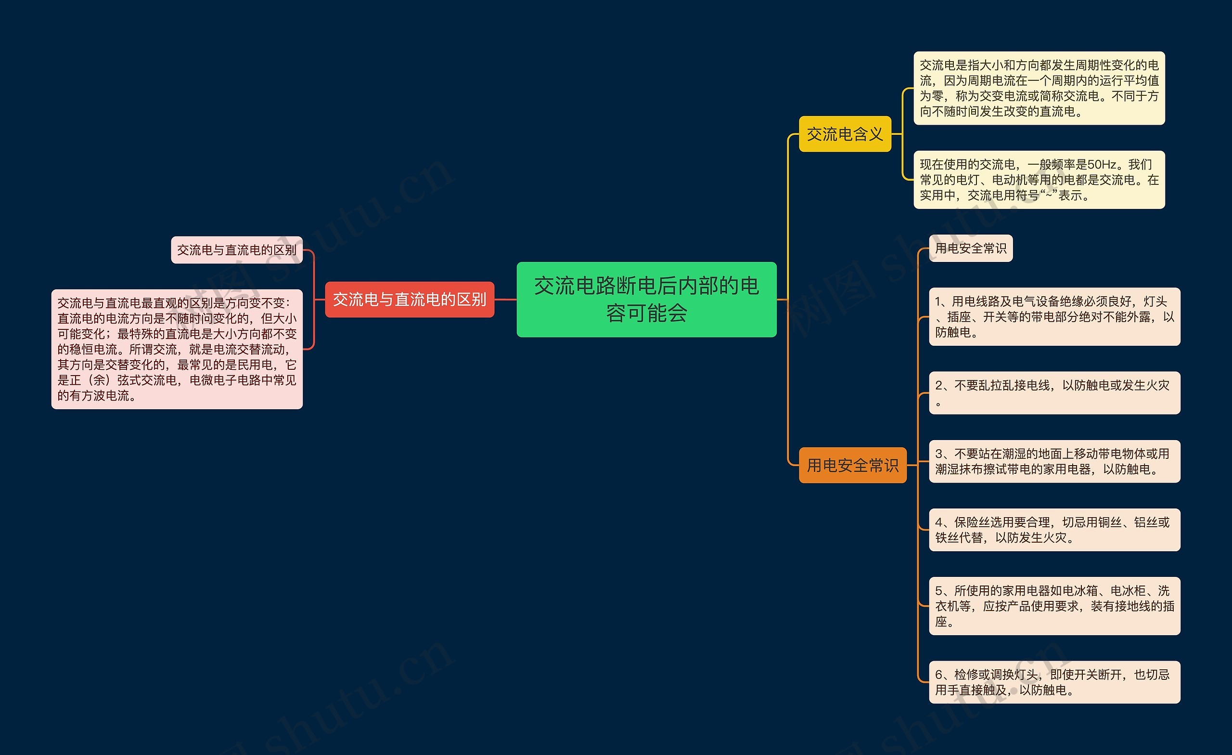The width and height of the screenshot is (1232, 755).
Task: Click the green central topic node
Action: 646,299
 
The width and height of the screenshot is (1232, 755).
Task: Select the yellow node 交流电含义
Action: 845,134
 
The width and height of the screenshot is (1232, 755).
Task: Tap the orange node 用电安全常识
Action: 852,465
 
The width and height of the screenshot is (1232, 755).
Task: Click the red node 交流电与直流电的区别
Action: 409,299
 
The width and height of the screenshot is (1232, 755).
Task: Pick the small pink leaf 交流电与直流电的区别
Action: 236,250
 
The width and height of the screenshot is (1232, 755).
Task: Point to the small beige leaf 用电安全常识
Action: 970,248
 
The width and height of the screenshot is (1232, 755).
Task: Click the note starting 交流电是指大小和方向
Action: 1039,88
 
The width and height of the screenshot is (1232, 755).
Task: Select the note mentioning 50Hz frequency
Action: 1039,180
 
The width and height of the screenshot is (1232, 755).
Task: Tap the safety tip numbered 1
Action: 1054,316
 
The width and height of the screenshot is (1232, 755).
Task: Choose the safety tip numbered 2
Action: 1054,393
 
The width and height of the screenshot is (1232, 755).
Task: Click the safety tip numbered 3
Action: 1054,461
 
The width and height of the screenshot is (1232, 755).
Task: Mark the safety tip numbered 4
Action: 1054,530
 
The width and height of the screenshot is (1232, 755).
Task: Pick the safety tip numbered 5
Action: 1054,606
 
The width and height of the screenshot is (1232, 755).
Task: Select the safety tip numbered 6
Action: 1054,682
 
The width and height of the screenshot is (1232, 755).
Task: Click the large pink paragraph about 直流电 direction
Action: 177,349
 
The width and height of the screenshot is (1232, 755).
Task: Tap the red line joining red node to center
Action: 505,299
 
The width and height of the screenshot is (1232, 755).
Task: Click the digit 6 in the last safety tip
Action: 938,675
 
